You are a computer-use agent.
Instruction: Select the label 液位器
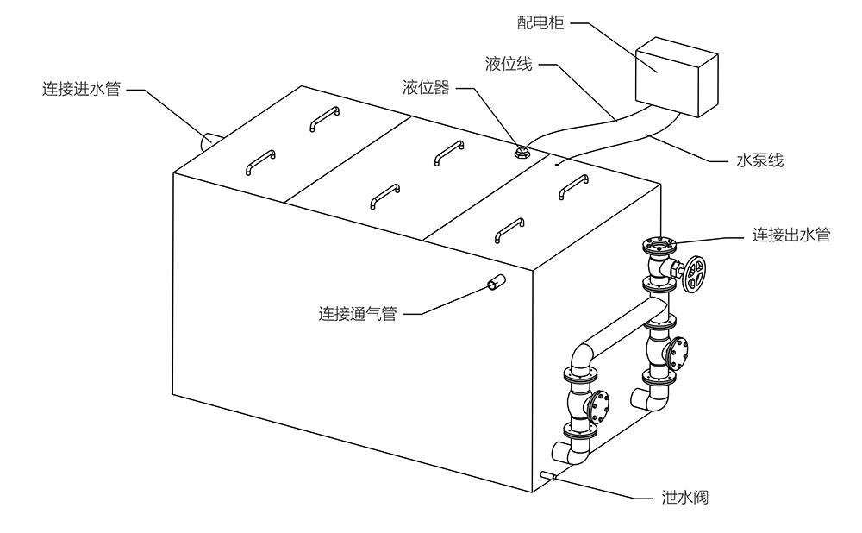426,88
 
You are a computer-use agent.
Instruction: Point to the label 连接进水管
82,89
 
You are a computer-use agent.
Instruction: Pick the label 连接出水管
791,235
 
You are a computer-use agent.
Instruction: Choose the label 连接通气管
357,314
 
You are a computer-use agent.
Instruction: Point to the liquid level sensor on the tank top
521,154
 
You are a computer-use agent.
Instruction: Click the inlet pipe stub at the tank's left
211,141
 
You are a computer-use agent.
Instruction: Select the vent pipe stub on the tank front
495,284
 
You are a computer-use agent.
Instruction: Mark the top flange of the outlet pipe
659,245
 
